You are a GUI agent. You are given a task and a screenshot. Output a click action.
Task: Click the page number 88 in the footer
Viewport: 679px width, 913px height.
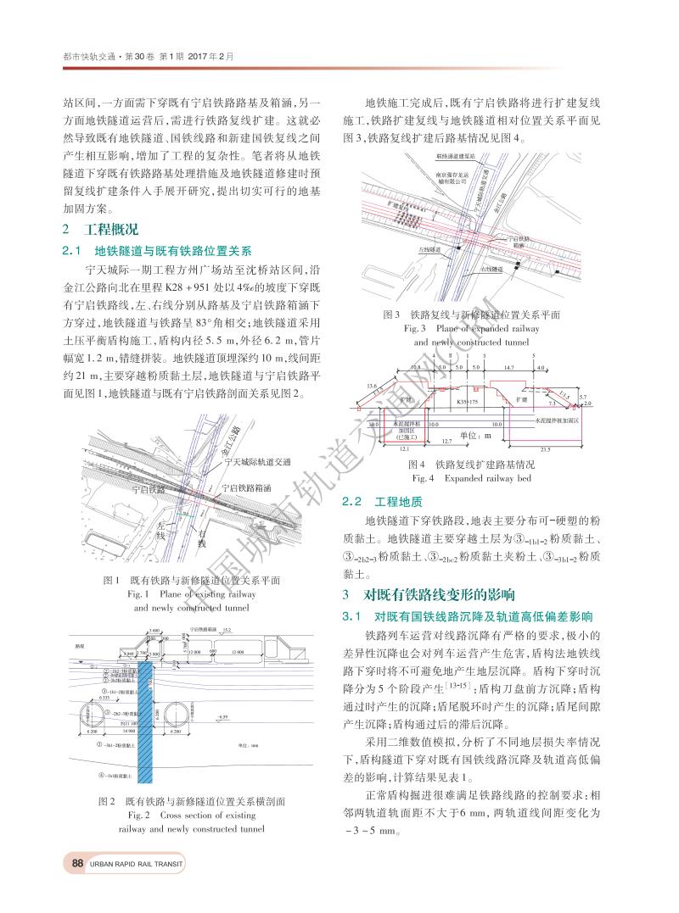point(77,864)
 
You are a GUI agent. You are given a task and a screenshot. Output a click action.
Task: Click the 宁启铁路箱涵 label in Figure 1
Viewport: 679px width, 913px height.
point(246,488)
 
